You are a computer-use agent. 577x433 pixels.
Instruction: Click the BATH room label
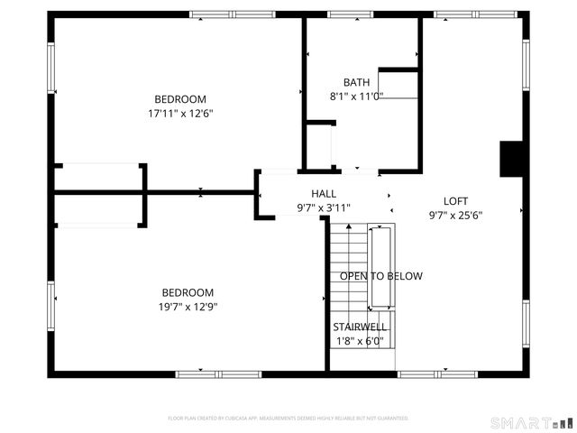356,82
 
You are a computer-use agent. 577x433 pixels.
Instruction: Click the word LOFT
455,201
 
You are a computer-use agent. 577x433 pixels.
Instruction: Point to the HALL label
324,194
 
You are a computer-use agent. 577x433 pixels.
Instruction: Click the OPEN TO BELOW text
380,276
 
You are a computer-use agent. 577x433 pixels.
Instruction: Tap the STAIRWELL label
360,327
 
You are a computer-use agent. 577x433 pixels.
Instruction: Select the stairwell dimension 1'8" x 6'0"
360,341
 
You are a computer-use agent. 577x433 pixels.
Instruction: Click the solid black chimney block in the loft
511,159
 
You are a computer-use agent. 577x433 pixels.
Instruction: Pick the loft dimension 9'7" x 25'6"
455,216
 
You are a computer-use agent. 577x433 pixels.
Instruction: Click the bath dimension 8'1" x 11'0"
356,97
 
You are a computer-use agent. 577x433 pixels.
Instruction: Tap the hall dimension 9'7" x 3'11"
324,208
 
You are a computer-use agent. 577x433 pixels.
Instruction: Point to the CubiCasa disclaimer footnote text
288,419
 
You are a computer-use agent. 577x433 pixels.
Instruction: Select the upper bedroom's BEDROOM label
180,99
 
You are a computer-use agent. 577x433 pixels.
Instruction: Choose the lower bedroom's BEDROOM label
188,292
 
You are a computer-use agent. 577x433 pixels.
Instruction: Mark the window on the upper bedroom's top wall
219,14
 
